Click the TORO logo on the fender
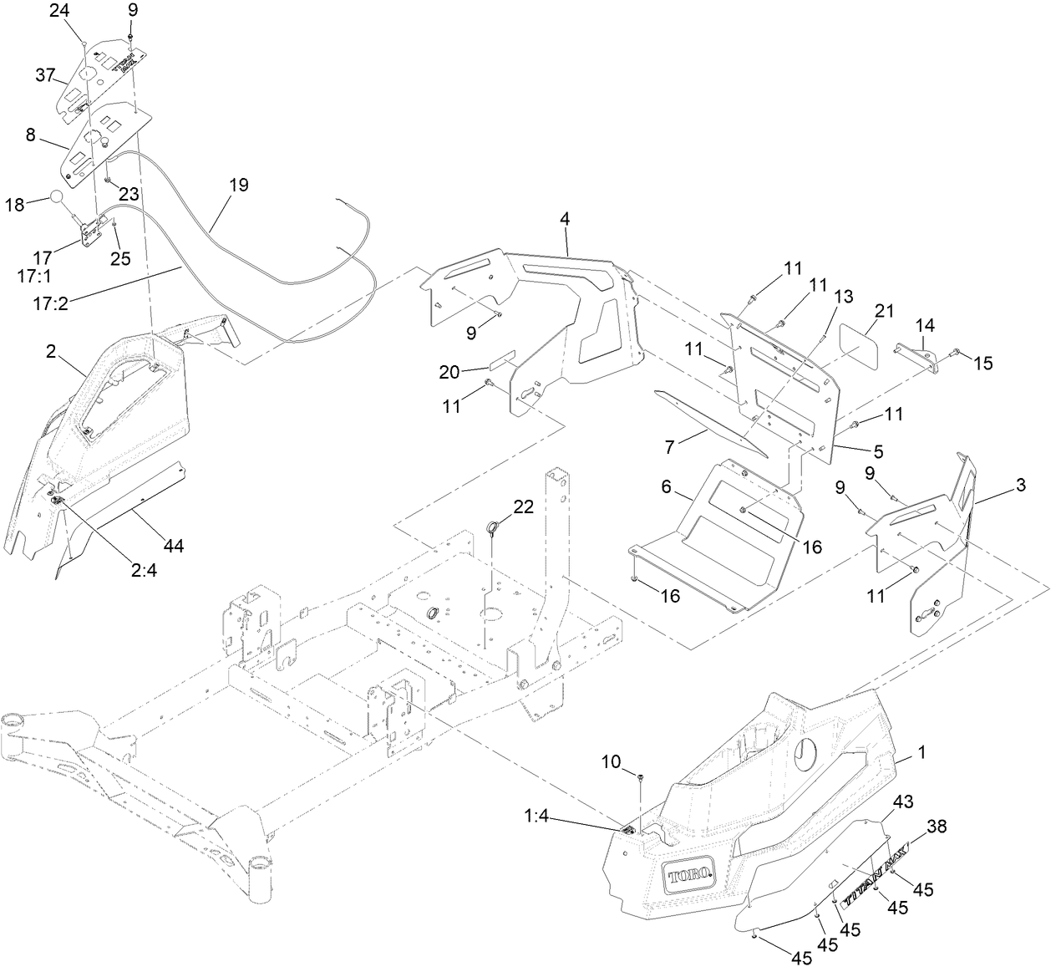[689, 875]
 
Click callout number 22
[523, 506]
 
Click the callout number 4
[565, 219]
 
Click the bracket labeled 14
[917, 353]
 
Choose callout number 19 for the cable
[239, 185]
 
